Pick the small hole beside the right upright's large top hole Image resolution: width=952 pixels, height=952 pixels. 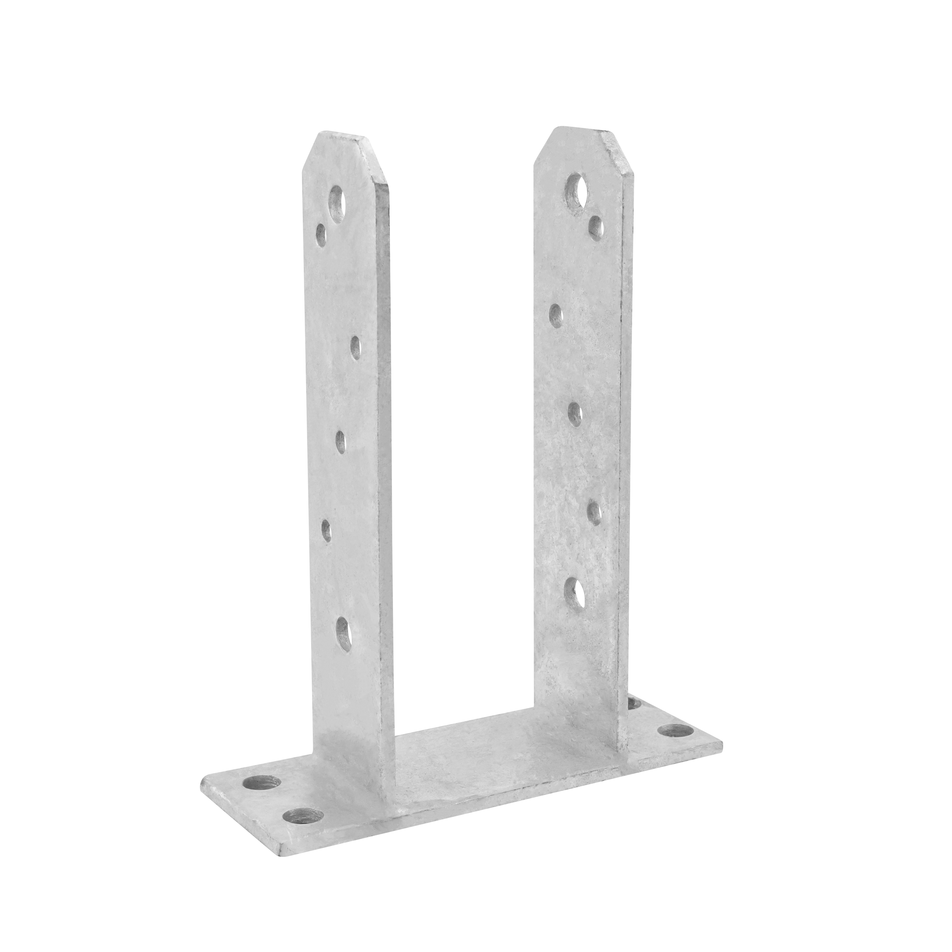tap(597, 226)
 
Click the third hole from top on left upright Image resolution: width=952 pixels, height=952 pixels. tap(355, 347)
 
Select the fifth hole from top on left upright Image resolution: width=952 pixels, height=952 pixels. tap(327, 531)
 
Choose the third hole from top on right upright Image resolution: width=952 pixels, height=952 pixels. tap(556, 315)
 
